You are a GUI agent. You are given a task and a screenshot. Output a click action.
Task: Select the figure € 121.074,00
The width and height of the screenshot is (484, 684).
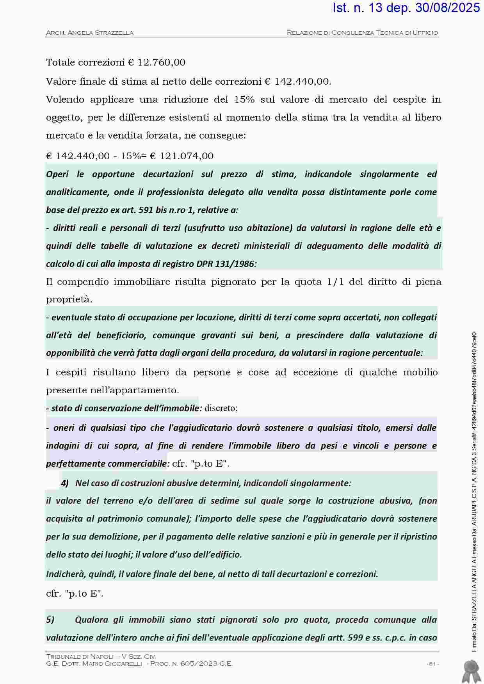pos(182,156)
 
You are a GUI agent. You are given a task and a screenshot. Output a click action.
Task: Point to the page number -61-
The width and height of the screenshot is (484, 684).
pos(432,664)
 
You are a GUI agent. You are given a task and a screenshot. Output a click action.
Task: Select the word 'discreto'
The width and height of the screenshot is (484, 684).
pos(221,409)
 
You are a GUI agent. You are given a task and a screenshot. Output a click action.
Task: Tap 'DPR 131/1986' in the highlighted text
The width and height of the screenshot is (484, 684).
pos(235,264)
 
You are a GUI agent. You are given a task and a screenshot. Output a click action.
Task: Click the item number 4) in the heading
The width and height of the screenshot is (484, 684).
pos(65,483)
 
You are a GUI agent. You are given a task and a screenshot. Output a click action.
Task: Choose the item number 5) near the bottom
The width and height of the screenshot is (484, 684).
pos(50,620)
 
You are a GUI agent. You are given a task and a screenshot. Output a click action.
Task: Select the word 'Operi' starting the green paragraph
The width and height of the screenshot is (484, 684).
pos(57,174)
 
